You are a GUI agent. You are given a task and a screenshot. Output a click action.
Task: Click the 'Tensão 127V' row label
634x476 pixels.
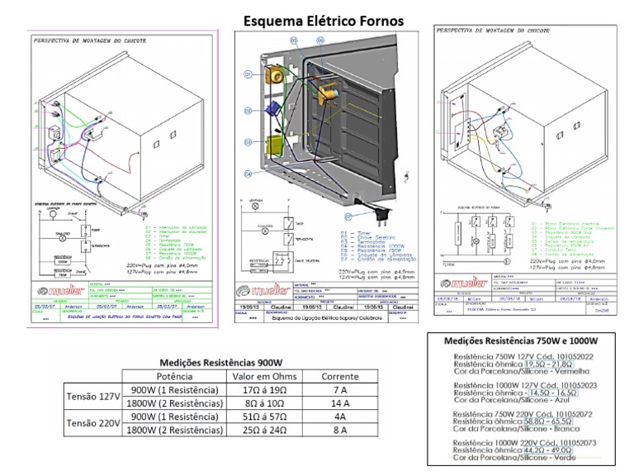[x=93, y=397]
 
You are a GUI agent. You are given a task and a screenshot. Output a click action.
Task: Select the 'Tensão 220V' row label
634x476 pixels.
[x=93, y=423]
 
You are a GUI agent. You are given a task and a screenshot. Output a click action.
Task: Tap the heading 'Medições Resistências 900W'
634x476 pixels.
[x=220, y=363]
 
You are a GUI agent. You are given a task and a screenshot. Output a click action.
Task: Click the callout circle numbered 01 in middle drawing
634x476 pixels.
[x=246, y=75]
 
